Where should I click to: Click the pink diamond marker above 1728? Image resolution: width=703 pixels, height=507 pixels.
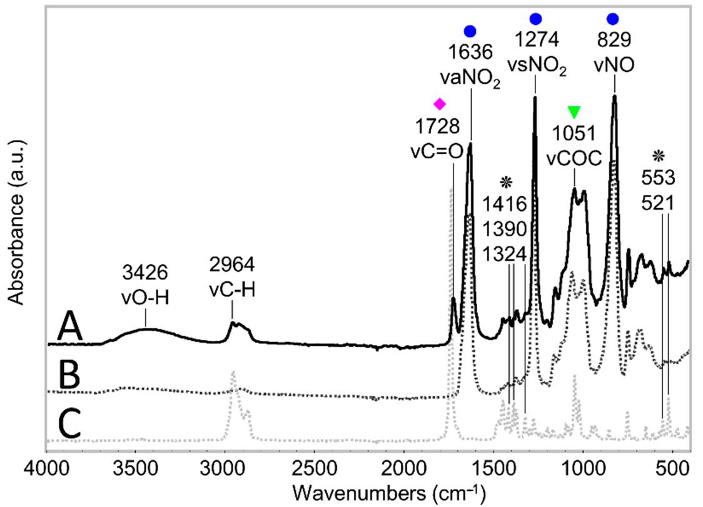coord(440,103)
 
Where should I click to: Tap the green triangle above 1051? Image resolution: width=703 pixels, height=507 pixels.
coord(574,112)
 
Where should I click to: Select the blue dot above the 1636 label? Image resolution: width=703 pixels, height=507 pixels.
coord(470,31)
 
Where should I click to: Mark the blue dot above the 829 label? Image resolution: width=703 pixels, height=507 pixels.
coord(612,19)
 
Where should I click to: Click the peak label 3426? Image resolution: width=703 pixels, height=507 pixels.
coord(145,272)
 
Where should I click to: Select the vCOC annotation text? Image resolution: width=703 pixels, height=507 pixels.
coord(574,158)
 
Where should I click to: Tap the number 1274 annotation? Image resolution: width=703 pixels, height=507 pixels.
coord(535,44)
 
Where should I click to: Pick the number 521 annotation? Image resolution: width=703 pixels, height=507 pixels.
coord(659,203)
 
